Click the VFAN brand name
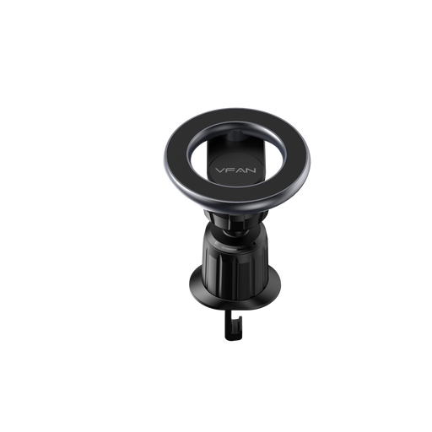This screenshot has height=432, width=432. click(235, 170)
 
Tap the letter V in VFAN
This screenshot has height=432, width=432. click(220, 170)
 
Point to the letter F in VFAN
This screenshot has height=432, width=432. click(229, 170)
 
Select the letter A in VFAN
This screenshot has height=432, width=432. click(239, 170)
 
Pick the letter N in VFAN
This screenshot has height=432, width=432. click(251, 170)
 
